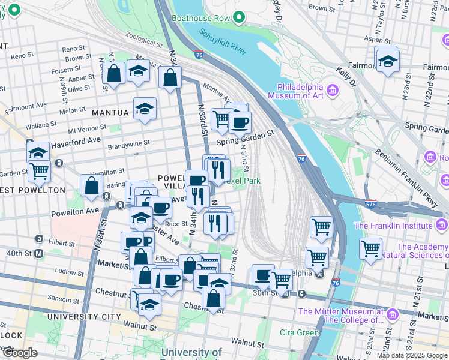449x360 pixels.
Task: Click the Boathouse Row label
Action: click(200, 18)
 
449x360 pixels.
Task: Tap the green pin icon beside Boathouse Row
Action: click(239, 18)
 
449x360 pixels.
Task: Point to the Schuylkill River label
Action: click(223, 42)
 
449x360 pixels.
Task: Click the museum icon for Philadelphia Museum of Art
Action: click(333, 91)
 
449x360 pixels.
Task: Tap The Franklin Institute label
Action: click(393, 226)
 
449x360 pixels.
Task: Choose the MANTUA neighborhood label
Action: click(110, 113)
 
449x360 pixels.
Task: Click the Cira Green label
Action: click(299, 332)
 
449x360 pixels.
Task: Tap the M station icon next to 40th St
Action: click(39, 253)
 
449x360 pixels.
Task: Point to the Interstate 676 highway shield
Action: click(371, 205)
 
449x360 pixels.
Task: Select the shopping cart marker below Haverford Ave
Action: click(39, 170)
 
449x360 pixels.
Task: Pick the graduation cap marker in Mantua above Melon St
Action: click(145, 109)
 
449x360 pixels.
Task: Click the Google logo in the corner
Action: click(20, 353)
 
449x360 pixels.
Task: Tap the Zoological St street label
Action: click(142, 44)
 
